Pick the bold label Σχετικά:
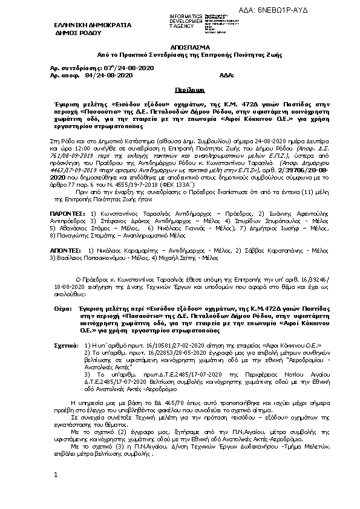pos(65,344)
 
